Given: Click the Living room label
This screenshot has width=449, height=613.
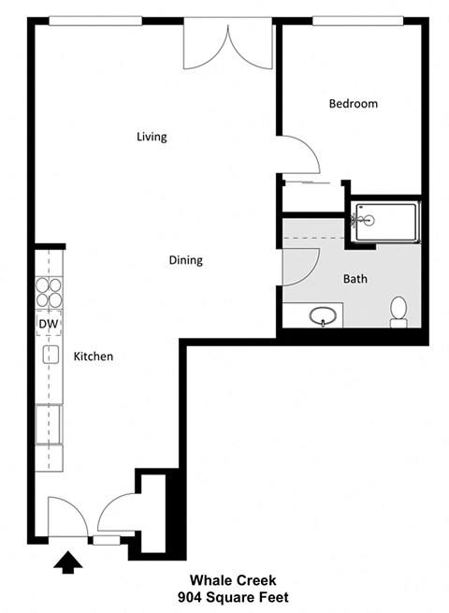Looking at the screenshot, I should pos(152,137).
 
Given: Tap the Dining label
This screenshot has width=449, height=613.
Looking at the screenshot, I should pos(185,260).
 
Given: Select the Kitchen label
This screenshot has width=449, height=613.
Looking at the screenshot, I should pos(94,357).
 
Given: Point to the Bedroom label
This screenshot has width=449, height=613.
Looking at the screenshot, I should pos(353,104).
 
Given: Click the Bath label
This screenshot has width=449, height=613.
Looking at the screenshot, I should pos(355,279).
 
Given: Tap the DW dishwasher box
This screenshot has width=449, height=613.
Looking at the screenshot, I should pos(49,324).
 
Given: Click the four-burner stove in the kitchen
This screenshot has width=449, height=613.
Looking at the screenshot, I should pos(49,293).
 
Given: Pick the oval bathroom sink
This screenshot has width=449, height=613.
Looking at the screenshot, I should pos(324,316).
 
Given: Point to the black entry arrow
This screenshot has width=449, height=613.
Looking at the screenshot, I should pos(68,562).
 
